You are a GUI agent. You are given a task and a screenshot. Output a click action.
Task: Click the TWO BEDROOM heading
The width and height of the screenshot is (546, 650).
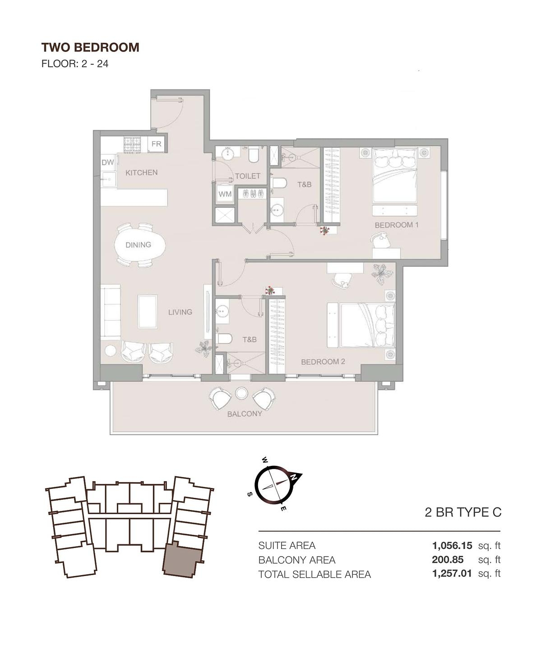point(90,47)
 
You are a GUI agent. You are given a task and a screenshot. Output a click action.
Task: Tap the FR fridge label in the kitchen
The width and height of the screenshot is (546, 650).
point(156,144)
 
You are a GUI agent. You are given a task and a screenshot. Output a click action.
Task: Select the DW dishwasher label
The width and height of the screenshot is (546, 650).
point(107,162)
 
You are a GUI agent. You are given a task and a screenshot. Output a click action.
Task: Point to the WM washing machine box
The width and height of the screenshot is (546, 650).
point(225,194)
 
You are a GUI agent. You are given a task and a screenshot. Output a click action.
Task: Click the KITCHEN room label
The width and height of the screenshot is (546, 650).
point(141,172)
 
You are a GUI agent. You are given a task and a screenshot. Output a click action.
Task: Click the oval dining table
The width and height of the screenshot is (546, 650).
point(139,245)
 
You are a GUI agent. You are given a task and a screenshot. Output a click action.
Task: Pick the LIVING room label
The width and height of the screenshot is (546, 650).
point(180,312)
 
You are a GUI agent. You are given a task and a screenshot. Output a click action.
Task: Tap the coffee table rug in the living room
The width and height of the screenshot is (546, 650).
point(148,311)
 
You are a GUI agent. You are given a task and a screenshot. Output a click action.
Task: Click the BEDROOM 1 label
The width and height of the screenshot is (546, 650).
point(397,225)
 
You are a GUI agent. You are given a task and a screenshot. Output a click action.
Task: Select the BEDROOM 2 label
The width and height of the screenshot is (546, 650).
point(323,362)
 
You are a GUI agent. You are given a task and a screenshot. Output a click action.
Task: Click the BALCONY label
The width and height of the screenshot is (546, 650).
point(245,413)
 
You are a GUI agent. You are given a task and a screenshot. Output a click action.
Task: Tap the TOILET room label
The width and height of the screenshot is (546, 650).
point(247,176)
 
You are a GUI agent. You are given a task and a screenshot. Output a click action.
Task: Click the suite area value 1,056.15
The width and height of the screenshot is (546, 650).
point(452,546)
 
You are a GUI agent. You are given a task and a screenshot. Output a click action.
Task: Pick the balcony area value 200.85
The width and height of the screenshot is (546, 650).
point(448,560)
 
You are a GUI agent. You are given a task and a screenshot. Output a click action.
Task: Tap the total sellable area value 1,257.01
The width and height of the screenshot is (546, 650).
point(452,574)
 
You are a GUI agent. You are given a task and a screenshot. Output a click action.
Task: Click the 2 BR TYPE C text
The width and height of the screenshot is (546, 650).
point(463,512)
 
